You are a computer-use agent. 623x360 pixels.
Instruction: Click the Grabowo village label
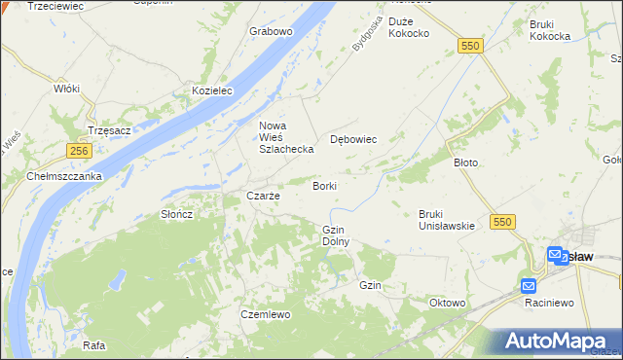point(271,31)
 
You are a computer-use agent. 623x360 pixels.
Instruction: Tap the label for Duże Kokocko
point(408,27)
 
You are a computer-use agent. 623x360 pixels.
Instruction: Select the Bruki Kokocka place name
point(550,30)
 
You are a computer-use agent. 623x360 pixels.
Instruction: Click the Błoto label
point(465,162)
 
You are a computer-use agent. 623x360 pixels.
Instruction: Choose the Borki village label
point(325,185)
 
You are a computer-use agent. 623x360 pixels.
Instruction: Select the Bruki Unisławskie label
point(446,220)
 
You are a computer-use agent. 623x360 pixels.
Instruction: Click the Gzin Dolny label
point(335,234)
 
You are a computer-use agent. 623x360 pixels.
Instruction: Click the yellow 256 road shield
point(80,151)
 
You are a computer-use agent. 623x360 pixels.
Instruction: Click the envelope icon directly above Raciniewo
point(529,285)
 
